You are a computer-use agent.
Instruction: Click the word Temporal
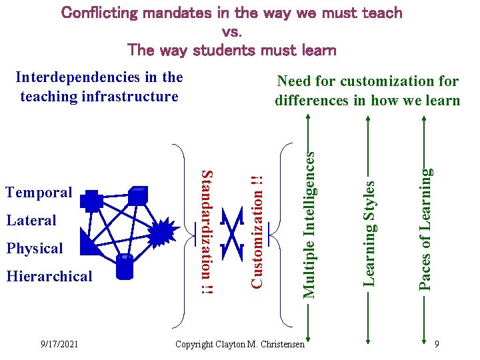click(x=38, y=193)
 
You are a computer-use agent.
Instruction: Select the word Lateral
click(x=31, y=221)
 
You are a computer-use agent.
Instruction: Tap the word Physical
click(x=34, y=249)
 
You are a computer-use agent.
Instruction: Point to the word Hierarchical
click(x=49, y=277)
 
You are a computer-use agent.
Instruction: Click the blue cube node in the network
click(x=137, y=195)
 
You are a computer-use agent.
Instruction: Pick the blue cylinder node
click(x=125, y=266)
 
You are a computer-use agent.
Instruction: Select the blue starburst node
click(x=162, y=233)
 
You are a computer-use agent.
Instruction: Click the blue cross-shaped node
click(x=91, y=201)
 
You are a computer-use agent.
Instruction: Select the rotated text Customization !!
click(x=257, y=231)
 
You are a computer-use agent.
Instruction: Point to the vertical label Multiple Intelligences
click(x=309, y=223)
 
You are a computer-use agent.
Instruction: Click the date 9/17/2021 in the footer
click(x=59, y=344)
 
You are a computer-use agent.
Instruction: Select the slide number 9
click(x=436, y=344)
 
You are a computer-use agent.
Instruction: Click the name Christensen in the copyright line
click(x=279, y=344)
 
